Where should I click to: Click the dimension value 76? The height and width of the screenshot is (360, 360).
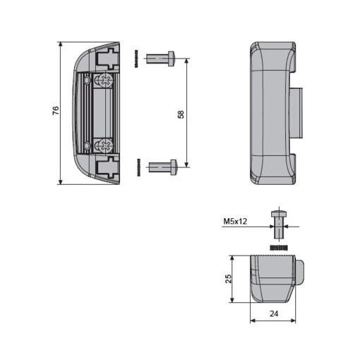(55, 111)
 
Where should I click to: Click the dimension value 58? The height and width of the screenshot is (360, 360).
(181, 114)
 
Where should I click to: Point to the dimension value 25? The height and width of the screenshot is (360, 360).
(228, 278)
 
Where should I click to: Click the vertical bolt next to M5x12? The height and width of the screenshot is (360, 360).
(278, 225)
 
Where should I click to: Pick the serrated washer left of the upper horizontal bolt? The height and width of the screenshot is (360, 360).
(138, 59)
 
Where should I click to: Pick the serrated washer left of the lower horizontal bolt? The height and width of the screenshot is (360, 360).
(138, 168)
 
